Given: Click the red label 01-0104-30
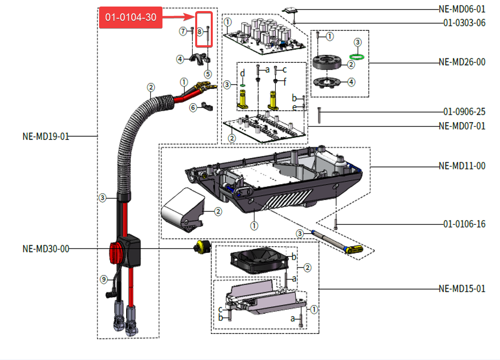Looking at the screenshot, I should tap(131, 18).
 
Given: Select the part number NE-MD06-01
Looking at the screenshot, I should tap(462, 9).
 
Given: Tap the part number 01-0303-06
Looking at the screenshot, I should tap(464, 23).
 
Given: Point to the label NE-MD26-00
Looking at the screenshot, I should tap(462, 62).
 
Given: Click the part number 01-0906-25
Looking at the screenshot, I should tap(464, 112).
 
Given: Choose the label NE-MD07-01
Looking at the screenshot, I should tap(462, 126).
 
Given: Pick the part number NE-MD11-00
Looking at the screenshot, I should tap(462, 166).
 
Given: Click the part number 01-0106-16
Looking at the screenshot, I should tap(464, 224).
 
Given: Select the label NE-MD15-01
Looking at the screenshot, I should tap(462, 289).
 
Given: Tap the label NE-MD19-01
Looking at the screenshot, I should tap(46, 136).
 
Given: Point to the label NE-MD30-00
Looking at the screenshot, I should tap(46, 248).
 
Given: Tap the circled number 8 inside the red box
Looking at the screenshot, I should tap(200, 32).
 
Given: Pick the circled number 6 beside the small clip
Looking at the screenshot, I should tap(193, 107).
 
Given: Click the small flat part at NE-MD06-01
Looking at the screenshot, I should tap(291, 10).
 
